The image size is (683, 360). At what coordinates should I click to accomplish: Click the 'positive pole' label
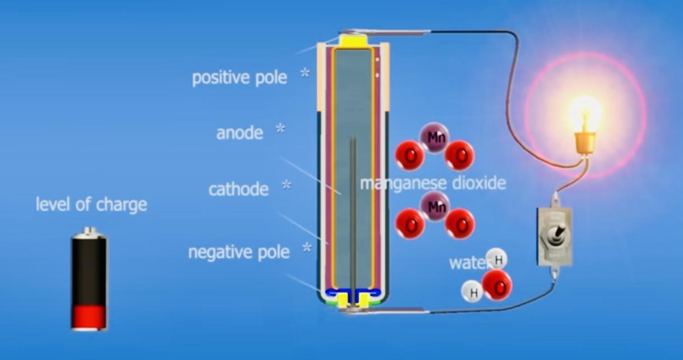[x=239, y=78]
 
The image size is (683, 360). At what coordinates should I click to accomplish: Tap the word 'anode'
[x=239, y=133]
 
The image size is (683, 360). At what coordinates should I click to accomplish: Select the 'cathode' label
[x=239, y=190]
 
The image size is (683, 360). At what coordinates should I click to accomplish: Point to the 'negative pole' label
[x=239, y=252]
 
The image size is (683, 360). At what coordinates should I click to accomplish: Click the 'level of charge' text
[x=91, y=204]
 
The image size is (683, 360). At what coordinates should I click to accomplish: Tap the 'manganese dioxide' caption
[x=433, y=183]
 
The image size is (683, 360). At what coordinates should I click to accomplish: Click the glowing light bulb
[x=585, y=124]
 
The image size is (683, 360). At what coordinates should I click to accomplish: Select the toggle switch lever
[x=559, y=233]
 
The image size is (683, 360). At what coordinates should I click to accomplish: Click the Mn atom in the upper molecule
[x=435, y=137]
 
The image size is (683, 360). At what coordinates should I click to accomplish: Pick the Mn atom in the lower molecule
[x=435, y=207]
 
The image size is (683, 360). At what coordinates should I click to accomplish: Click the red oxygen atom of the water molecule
[x=497, y=286]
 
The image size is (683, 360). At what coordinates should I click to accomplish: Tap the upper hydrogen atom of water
[x=497, y=259]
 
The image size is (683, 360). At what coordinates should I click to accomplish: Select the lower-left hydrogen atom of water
[x=472, y=292]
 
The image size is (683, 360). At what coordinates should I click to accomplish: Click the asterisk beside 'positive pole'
[x=305, y=72]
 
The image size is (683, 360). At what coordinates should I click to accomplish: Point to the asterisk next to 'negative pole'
[x=307, y=247]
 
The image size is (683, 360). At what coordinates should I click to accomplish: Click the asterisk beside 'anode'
[x=280, y=128]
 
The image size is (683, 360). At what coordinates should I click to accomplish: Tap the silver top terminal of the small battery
[x=89, y=232]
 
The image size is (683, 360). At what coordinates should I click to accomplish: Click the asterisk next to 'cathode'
[x=287, y=184]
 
